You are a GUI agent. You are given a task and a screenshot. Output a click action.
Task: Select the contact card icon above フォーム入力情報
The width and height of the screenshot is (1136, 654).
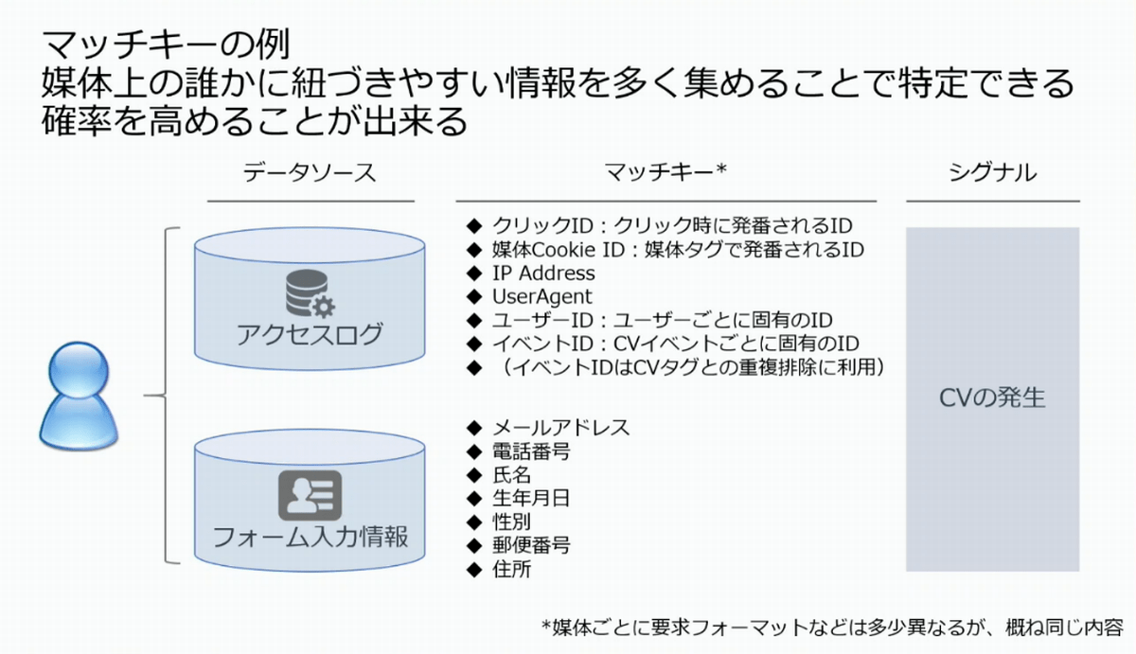click(x=310, y=495)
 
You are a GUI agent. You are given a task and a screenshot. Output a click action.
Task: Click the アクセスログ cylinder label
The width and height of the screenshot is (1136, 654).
click(x=310, y=334)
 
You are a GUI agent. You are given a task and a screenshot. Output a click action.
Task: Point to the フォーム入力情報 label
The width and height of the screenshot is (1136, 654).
click(x=310, y=538)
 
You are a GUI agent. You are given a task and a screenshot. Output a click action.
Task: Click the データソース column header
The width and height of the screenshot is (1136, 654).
click(x=310, y=173)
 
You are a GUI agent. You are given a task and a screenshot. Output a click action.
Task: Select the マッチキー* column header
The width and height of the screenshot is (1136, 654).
click(x=665, y=173)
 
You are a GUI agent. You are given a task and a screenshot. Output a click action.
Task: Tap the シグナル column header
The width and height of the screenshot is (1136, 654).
click(x=992, y=173)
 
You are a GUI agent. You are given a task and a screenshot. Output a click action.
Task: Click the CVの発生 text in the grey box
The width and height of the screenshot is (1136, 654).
click(x=992, y=398)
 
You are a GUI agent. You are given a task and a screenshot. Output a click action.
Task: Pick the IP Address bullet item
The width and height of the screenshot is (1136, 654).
click(x=543, y=274)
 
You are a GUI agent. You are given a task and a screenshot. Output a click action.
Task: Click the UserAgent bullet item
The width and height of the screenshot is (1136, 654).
click(x=541, y=296)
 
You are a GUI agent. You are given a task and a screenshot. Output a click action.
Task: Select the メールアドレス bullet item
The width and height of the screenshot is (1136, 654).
click(x=560, y=428)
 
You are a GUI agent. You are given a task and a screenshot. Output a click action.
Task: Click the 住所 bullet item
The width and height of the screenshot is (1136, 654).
click(x=511, y=569)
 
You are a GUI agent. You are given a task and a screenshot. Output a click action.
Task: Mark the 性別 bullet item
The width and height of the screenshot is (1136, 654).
click(x=511, y=521)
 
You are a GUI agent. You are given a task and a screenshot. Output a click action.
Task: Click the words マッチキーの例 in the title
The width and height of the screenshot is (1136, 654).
click(x=166, y=45)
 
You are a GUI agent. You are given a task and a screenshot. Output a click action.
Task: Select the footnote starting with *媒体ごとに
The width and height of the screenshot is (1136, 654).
click(x=830, y=627)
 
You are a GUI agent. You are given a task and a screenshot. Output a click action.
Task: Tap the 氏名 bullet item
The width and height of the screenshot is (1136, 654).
click(x=511, y=475)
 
